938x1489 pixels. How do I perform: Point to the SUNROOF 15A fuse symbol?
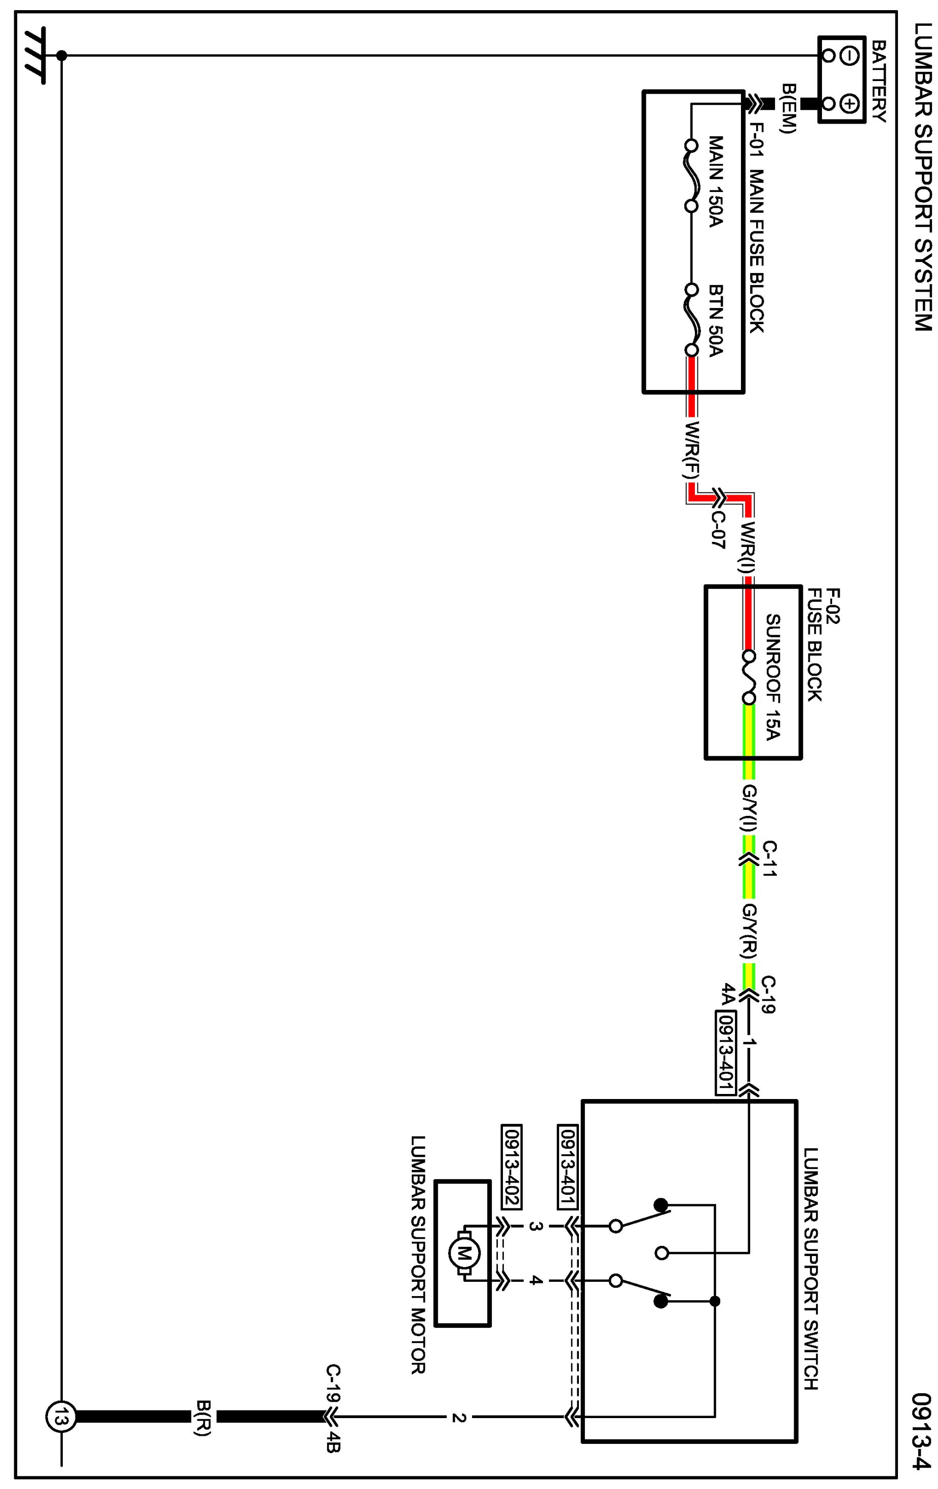point(749,677)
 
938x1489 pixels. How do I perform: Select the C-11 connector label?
point(769,858)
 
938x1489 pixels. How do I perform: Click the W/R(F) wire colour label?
point(692,450)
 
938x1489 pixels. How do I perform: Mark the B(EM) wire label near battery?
point(789,108)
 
